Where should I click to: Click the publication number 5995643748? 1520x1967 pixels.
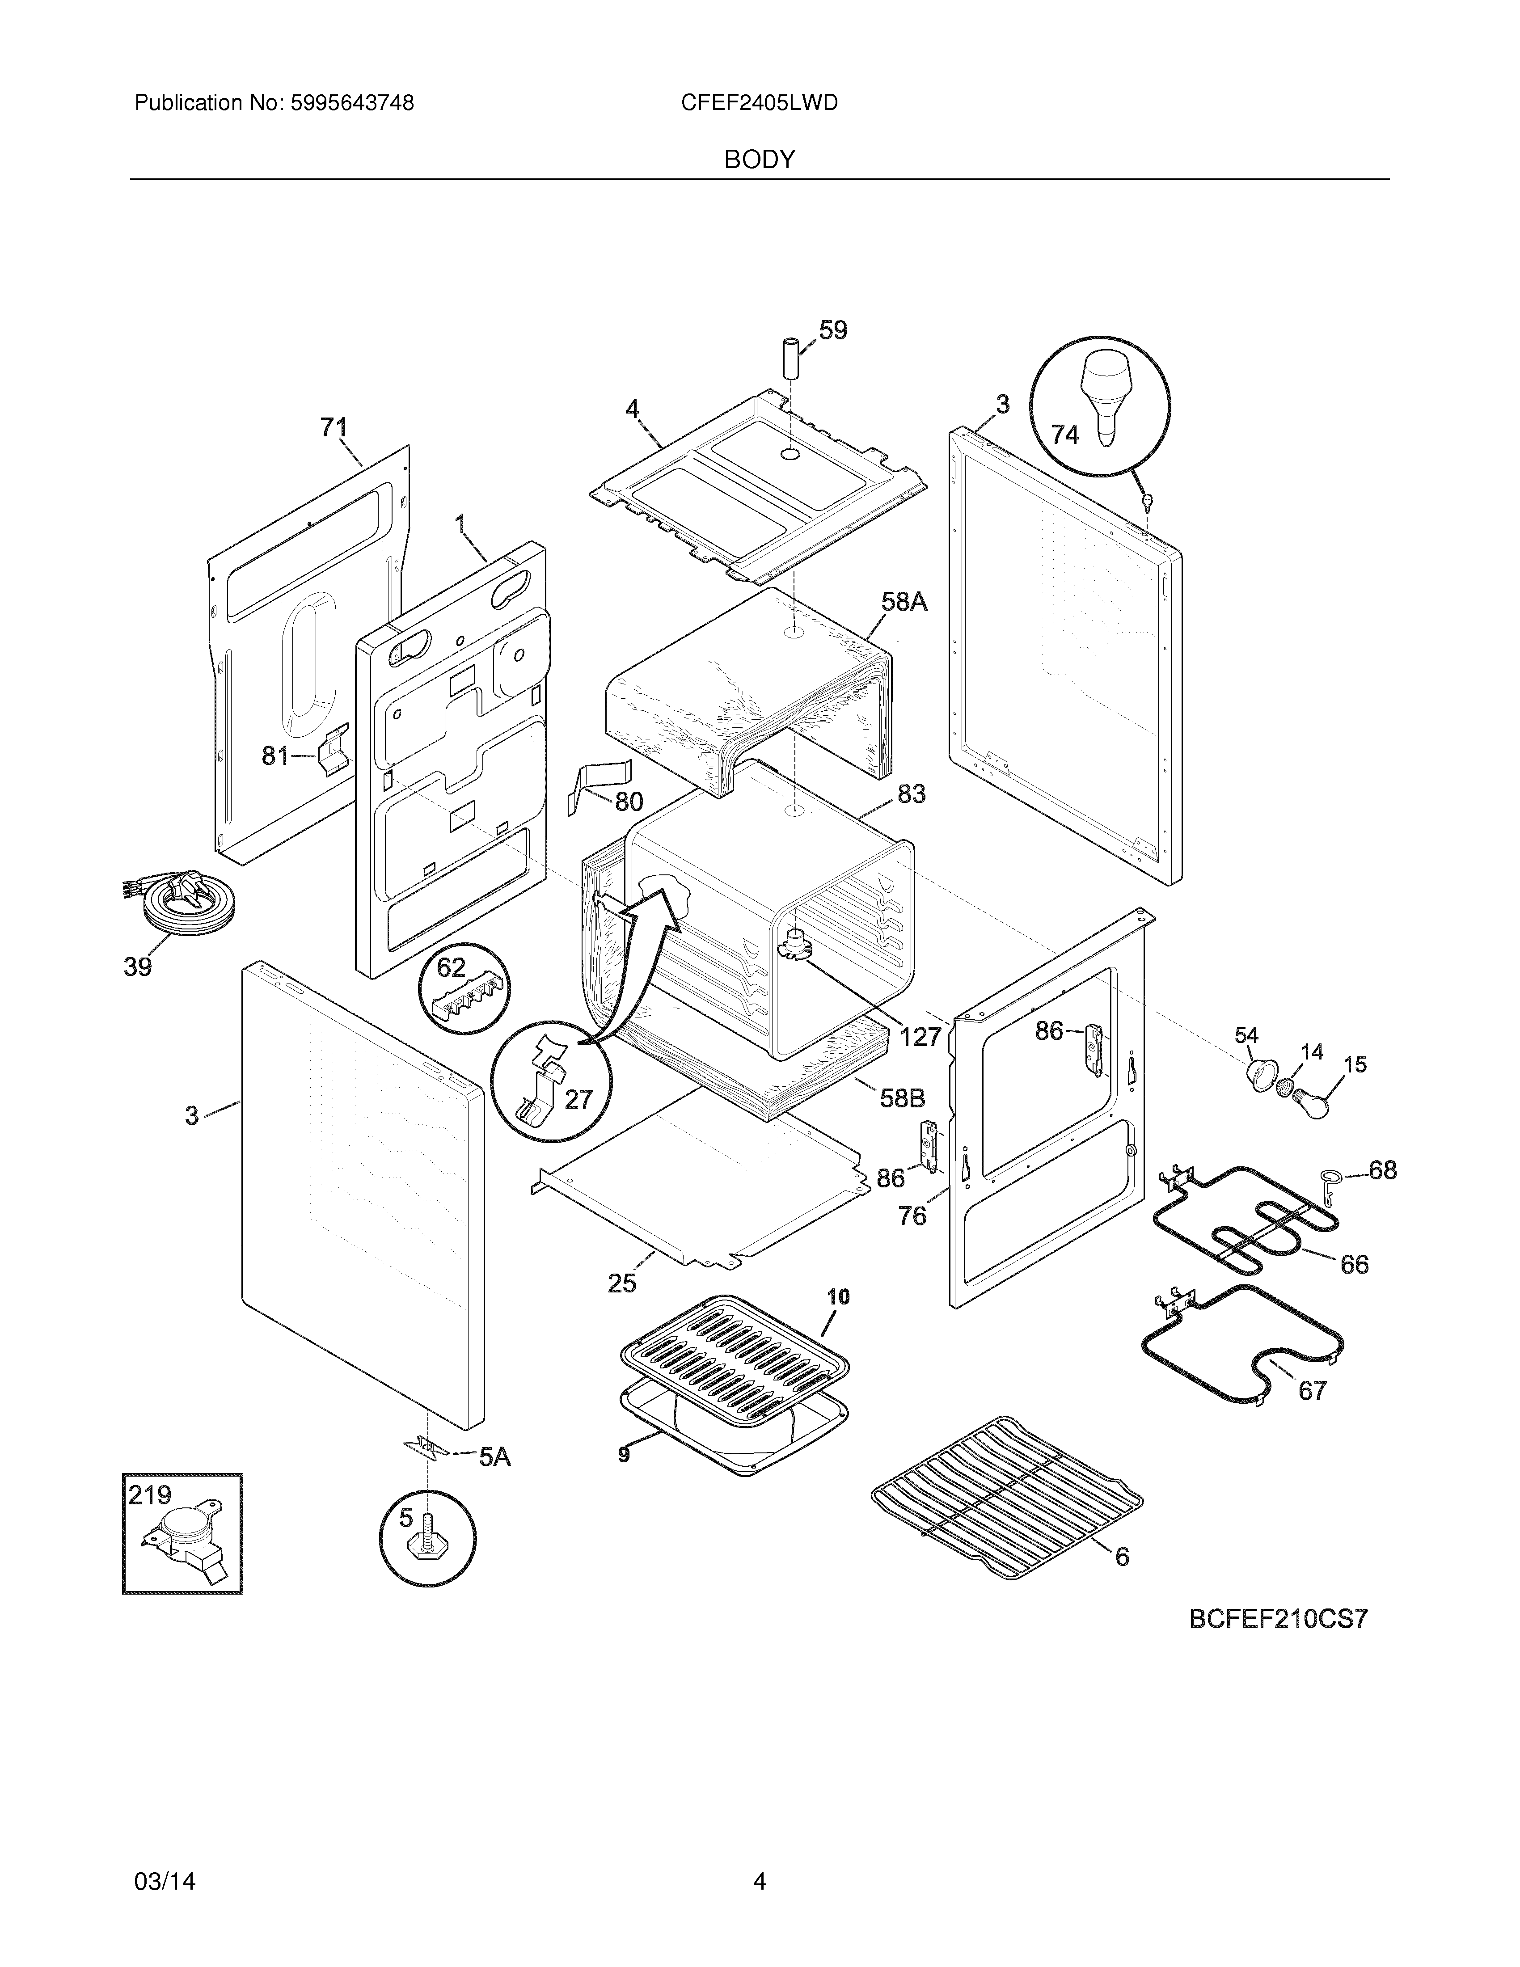351,104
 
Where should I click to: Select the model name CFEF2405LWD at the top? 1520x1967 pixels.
759,104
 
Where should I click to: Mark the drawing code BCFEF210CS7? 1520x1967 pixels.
1278,1619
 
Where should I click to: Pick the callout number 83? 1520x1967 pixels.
911,794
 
